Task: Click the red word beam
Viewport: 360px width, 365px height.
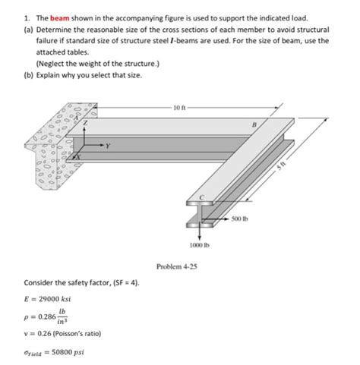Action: (60, 18)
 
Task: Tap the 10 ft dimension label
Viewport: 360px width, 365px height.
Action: (180, 108)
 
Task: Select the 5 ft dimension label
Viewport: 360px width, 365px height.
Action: (280, 166)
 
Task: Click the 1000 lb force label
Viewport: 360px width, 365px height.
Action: (200, 245)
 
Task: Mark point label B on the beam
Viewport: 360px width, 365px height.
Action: (254, 124)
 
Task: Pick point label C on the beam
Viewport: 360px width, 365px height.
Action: (201, 198)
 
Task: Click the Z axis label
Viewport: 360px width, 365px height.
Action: (86, 123)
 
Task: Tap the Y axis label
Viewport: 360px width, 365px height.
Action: (108, 146)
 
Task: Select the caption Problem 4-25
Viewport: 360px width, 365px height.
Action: (177, 266)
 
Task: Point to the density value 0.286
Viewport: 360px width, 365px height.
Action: (47, 316)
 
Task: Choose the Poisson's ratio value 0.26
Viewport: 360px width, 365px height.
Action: (45, 333)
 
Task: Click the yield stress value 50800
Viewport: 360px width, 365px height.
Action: (62, 352)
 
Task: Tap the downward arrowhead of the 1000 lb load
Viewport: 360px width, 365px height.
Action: (200, 238)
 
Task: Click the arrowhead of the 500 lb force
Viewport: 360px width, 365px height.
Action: (228, 219)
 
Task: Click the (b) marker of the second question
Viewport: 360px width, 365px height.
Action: (29, 75)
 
